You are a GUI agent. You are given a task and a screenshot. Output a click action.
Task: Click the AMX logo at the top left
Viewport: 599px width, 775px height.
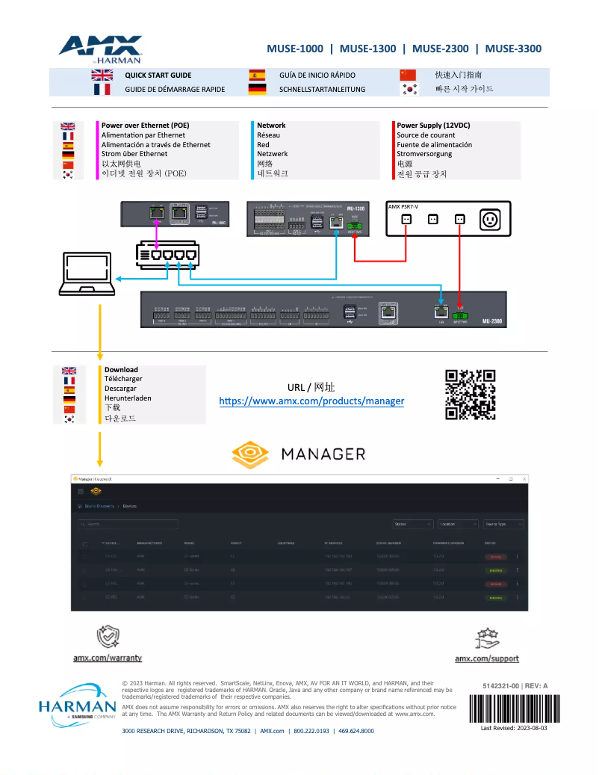[100, 48]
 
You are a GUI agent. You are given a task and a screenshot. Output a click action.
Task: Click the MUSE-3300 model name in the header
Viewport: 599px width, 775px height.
[513, 49]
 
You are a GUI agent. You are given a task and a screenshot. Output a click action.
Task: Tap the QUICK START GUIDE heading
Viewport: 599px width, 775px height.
[158, 75]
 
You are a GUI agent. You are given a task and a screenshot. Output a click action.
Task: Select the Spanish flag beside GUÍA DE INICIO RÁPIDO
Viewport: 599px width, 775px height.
[257, 75]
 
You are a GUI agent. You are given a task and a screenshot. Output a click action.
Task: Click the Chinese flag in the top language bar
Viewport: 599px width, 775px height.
[408, 75]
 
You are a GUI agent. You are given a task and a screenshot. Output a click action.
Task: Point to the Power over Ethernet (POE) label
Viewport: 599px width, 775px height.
[145, 126]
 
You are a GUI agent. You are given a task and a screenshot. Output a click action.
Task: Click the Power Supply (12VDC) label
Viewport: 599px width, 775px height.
[433, 126]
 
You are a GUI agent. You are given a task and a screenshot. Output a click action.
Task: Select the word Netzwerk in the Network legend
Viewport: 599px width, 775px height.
[272, 154]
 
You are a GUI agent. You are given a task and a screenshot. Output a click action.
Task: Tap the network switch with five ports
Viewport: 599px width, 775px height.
[168, 254]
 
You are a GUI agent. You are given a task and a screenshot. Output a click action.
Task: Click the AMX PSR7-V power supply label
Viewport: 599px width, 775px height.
[403, 206]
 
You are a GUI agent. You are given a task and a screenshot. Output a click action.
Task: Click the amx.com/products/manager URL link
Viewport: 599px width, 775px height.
[311, 401]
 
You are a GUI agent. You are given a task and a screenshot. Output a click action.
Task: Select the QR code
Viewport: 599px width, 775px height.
[471, 395]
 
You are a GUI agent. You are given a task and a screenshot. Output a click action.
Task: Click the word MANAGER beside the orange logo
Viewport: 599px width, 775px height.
[323, 454]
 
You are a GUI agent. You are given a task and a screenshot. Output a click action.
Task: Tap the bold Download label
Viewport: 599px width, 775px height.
[121, 369]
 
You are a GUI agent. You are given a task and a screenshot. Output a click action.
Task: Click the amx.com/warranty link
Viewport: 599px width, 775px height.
[108, 658]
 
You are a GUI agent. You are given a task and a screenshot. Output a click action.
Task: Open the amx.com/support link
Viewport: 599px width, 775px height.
[487, 658]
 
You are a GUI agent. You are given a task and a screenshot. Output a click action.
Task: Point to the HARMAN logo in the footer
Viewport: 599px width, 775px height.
[72, 707]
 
